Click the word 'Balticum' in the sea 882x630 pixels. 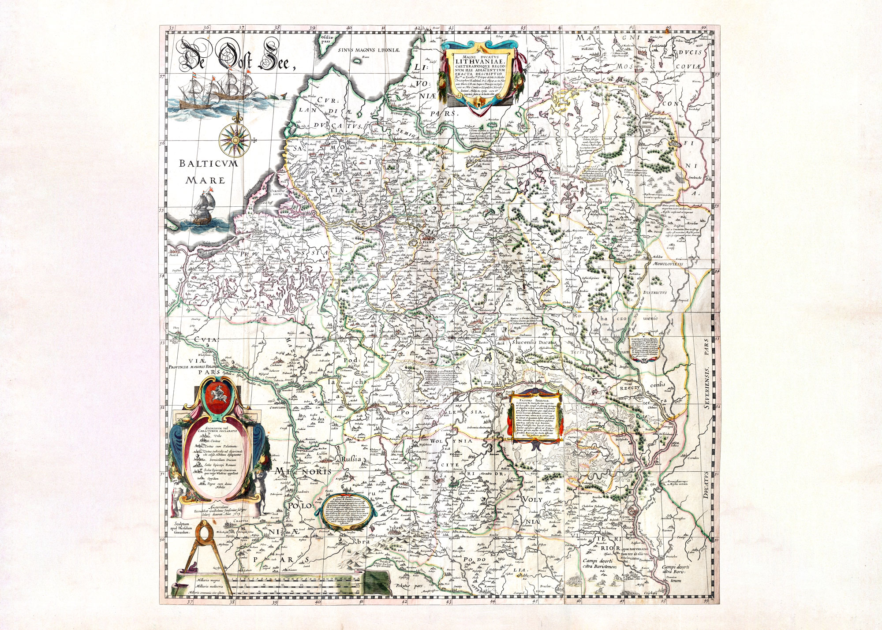point(202,165)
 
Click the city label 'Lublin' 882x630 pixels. point(327,459)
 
